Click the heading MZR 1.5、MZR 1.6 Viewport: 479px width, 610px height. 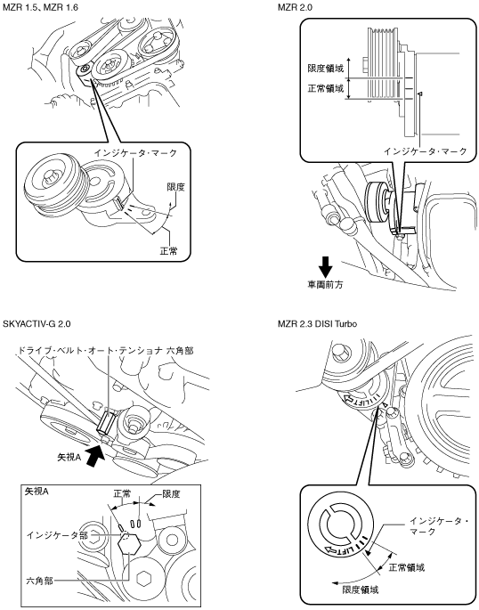pyautogui.click(x=40, y=7)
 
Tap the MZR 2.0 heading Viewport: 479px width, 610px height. pyautogui.click(x=295, y=7)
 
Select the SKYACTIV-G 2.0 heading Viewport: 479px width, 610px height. pyautogui.click(x=37, y=323)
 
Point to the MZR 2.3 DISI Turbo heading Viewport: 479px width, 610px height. pyautogui.click(x=317, y=323)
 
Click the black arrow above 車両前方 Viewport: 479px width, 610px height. pyautogui.click(x=325, y=266)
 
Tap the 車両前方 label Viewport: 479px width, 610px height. pyautogui.click(x=325, y=285)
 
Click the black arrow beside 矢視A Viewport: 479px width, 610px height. pyautogui.click(x=95, y=454)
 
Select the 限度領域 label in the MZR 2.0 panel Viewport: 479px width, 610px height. pyautogui.click(x=326, y=69)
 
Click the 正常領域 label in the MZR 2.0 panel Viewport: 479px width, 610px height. pyautogui.click(x=326, y=89)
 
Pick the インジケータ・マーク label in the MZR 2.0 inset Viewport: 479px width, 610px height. pyautogui.click(x=425, y=151)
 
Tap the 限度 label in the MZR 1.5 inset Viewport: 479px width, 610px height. pyautogui.click(x=175, y=187)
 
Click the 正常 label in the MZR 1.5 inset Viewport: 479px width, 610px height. pyautogui.click(x=169, y=251)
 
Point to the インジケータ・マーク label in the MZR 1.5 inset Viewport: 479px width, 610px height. pyautogui.click(x=135, y=153)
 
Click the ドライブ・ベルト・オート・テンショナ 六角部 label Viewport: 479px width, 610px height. pyautogui.click(x=106, y=351)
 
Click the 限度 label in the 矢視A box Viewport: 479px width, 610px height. pyautogui.click(x=171, y=494)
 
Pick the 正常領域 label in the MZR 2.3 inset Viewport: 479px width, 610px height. pyautogui.click(x=406, y=567)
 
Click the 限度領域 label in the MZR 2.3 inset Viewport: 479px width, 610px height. pyautogui.click(x=360, y=590)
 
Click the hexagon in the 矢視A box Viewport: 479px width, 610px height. pyautogui.click(x=129, y=543)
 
